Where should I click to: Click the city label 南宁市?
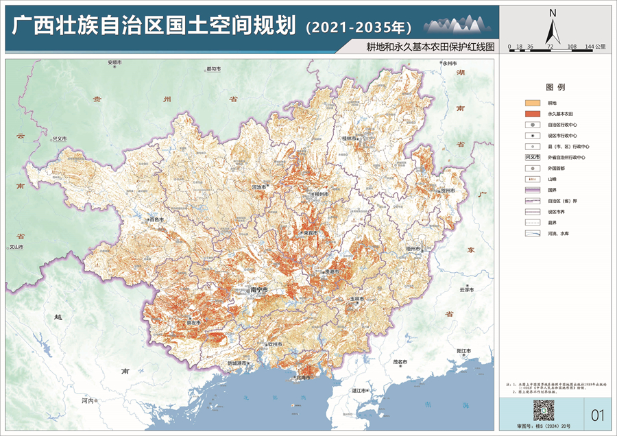point(259,291)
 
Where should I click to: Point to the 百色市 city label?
point(158,219)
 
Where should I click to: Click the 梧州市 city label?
point(412,248)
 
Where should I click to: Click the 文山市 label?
point(15,246)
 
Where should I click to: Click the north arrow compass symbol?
point(553,27)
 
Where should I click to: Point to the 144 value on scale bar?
point(590,47)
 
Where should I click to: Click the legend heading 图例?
point(555,88)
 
